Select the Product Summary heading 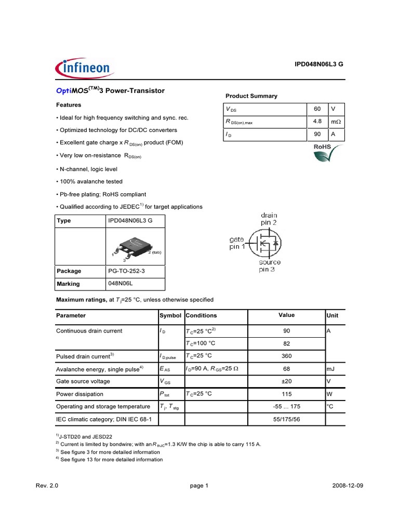coord(251,96)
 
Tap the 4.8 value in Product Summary coord(317,122)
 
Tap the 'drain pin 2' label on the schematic coord(269,219)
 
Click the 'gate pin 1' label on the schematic coord(237,243)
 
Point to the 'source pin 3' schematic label coord(270,266)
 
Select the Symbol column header coord(170,315)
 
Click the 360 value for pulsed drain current coord(286,356)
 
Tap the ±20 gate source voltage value coord(286,381)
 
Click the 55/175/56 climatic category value coord(286,419)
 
